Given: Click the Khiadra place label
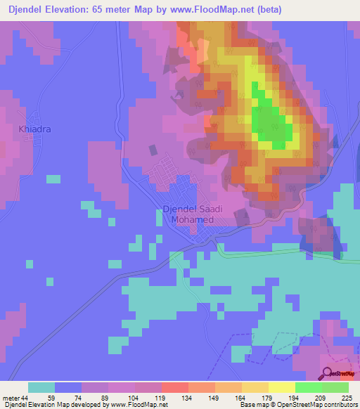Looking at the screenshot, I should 34,129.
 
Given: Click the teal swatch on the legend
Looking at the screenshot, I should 41,387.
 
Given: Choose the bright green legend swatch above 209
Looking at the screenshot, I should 309,387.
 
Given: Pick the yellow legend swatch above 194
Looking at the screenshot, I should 282,387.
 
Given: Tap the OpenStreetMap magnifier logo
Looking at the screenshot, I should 326,373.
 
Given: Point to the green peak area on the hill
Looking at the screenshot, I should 271,119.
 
